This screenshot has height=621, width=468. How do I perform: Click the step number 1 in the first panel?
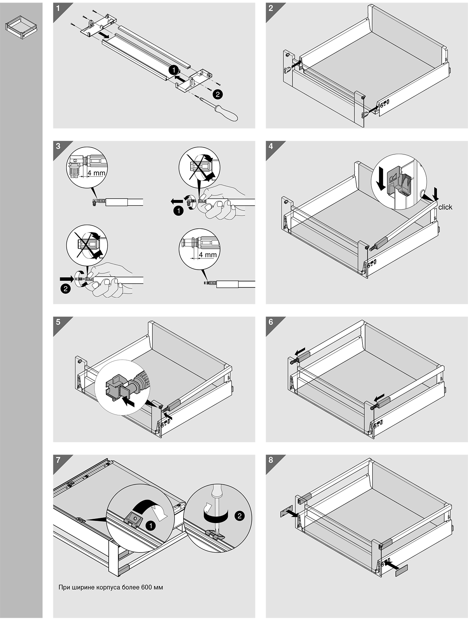tap(58, 8)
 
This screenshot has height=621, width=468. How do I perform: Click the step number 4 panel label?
tap(271, 146)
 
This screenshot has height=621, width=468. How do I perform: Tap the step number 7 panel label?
tap(58, 460)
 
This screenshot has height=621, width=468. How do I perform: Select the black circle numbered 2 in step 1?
tap(217, 94)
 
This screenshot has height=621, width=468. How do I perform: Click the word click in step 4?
tap(445, 207)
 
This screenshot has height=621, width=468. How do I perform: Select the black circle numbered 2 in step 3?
tap(65, 288)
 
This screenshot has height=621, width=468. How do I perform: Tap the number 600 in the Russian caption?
tap(146, 587)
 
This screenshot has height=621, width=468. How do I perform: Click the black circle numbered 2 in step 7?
tap(239, 516)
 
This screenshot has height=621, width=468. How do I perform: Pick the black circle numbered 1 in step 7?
tap(151, 526)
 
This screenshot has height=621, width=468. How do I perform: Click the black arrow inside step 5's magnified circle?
tap(128, 401)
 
